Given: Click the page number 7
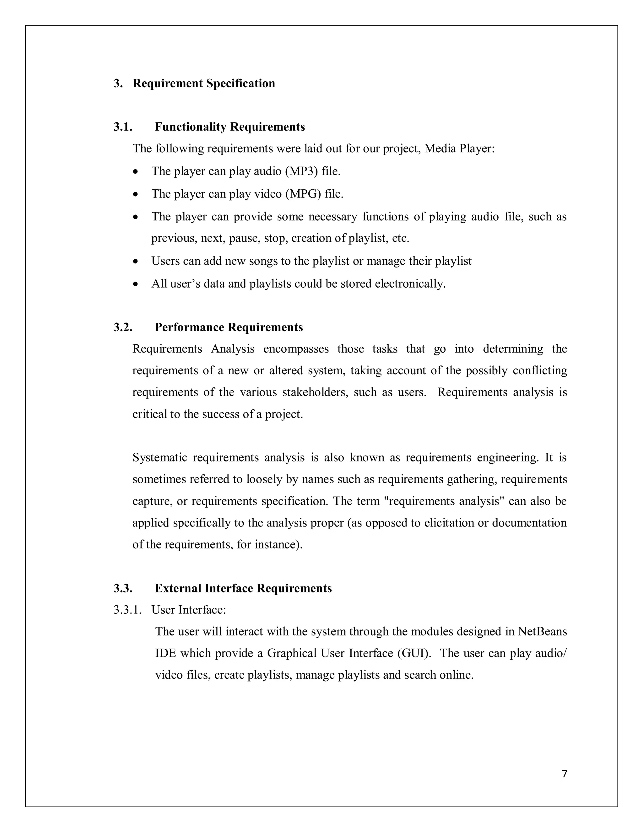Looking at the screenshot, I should click(565, 774).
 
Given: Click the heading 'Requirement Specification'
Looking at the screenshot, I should click(203, 84).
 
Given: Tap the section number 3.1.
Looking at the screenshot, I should click(123, 127).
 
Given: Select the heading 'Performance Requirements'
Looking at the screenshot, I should click(229, 327).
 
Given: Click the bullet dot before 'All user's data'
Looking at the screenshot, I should click(136, 284).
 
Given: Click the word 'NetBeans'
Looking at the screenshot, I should click(542, 632).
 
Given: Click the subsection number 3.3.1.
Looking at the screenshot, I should click(127, 610).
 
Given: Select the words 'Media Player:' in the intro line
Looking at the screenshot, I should click(459, 149).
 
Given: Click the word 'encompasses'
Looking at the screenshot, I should click(295, 349).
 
